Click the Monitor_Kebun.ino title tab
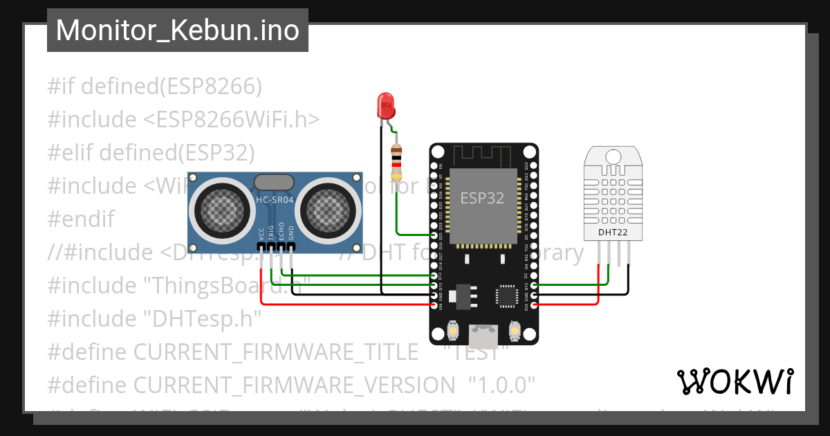(x=177, y=30)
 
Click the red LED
(x=385, y=105)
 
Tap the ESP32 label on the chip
(x=483, y=197)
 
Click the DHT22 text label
(x=613, y=233)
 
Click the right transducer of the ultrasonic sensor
(x=328, y=206)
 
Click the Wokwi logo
(x=735, y=381)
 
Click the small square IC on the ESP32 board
(x=507, y=296)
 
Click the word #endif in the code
(x=80, y=219)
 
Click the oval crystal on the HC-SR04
(x=275, y=182)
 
